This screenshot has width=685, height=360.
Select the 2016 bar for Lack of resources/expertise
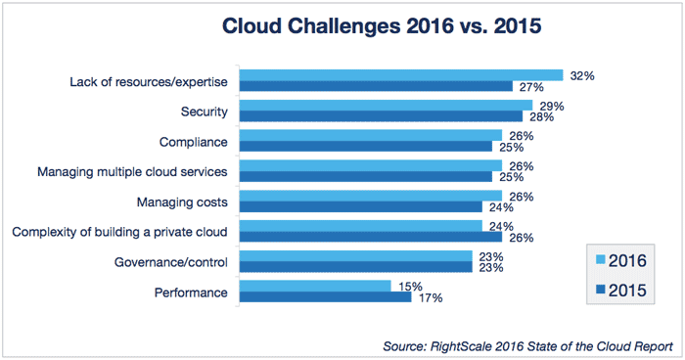tap(401, 75)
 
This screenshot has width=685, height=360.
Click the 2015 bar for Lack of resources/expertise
tap(377, 86)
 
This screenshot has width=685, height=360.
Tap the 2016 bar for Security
tap(386, 106)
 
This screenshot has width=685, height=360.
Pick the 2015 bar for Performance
tap(325, 297)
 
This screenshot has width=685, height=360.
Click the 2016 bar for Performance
tap(315, 287)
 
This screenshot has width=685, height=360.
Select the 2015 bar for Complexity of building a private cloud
tap(371, 237)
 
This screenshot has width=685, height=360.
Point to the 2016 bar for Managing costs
tap(371, 196)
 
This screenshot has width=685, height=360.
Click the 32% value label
tap(582, 74)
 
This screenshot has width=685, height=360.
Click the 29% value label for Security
tap(551, 105)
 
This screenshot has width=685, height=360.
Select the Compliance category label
tap(193, 142)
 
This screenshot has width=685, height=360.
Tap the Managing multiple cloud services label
tap(132, 172)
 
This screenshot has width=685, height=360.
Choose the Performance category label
tap(192, 292)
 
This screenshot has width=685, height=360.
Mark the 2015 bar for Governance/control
tap(356, 267)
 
